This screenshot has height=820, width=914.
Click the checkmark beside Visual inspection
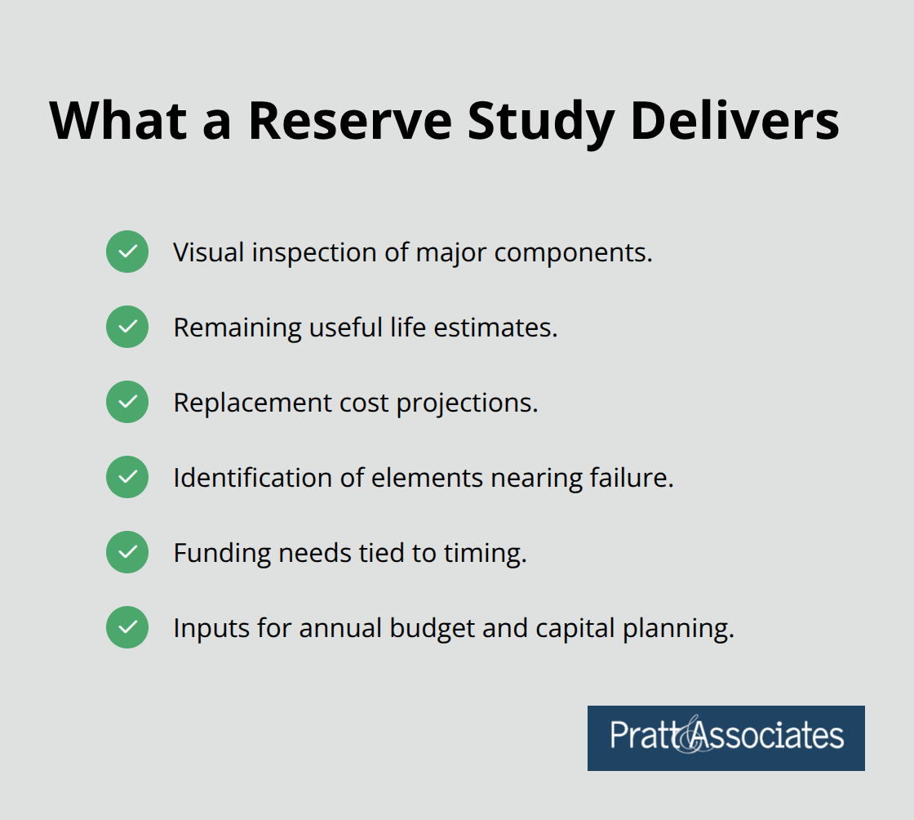point(127,252)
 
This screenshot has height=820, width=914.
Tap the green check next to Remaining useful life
point(127,327)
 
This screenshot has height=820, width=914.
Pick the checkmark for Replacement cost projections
point(127,402)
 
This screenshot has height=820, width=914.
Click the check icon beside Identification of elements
point(127,477)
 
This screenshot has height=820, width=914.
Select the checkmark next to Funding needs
point(127,552)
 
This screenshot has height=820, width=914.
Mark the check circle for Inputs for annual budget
point(127,627)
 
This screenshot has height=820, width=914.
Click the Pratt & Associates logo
point(725,738)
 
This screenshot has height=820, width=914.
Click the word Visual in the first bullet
point(209,252)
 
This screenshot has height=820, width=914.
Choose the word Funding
point(222,554)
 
